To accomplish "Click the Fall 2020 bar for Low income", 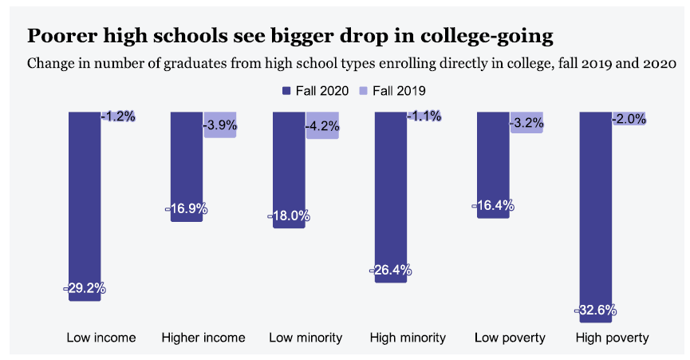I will click(x=85, y=200).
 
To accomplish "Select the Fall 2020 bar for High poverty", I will click(x=595, y=216).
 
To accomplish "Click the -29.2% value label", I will click(x=85, y=289).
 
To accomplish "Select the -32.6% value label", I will click(x=595, y=310).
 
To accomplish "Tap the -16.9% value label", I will click(x=187, y=209).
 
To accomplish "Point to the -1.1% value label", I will click(x=424, y=117).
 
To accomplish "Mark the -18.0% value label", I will click(x=289, y=216).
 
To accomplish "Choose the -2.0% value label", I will click(x=629, y=119).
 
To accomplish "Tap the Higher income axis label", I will click(x=203, y=338).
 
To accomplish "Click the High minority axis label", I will click(x=408, y=338).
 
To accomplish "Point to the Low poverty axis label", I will click(x=510, y=338).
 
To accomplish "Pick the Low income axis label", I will click(x=101, y=338).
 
